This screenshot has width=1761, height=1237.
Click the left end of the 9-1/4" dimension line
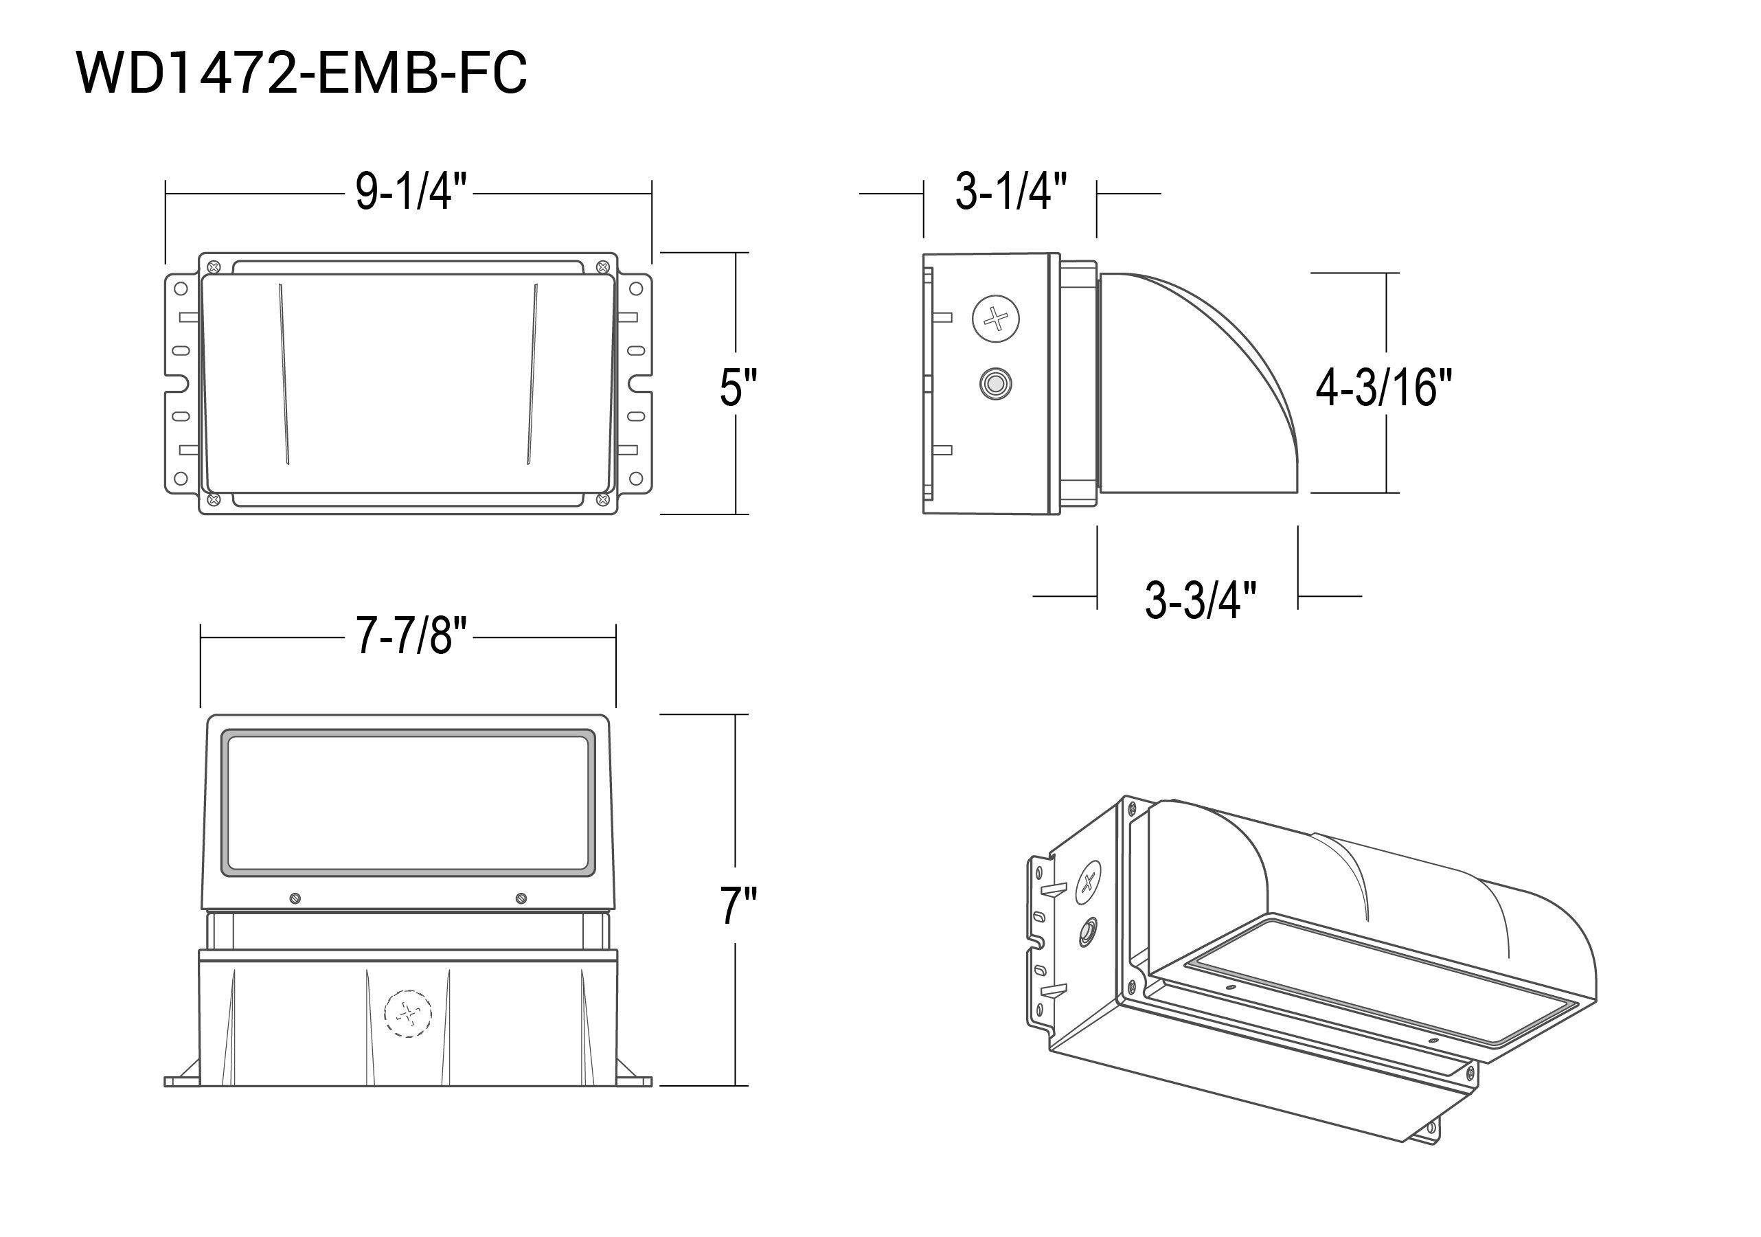click(x=166, y=194)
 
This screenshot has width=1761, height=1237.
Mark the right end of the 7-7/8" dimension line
click(x=616, y=637)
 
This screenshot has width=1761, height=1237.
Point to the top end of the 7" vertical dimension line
click(x=736, y=714)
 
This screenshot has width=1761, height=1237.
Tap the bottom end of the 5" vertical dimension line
click(x=736, y=514)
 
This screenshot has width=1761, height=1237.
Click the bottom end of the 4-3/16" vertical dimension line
click(x=1387, y=492)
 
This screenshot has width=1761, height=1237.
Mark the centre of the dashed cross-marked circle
click(x=407, y=1014)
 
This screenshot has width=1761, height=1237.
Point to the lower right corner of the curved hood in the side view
click(x=1297, y=492)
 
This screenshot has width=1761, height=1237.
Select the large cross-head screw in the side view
click(x=997, y=318)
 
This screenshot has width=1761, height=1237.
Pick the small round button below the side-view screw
click(x=995, y=383)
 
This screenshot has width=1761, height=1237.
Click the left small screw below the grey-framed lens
click(x=295, y=898)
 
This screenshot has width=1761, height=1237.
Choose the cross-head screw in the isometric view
click(x=1089, y=881)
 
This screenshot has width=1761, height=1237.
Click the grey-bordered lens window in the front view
click(x=408, y=802)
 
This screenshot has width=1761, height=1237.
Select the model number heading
click(x=302, y=73)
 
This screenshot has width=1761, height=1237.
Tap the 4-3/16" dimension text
click(x=1384, y=387)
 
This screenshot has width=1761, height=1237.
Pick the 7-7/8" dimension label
click(x=411, y=636)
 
